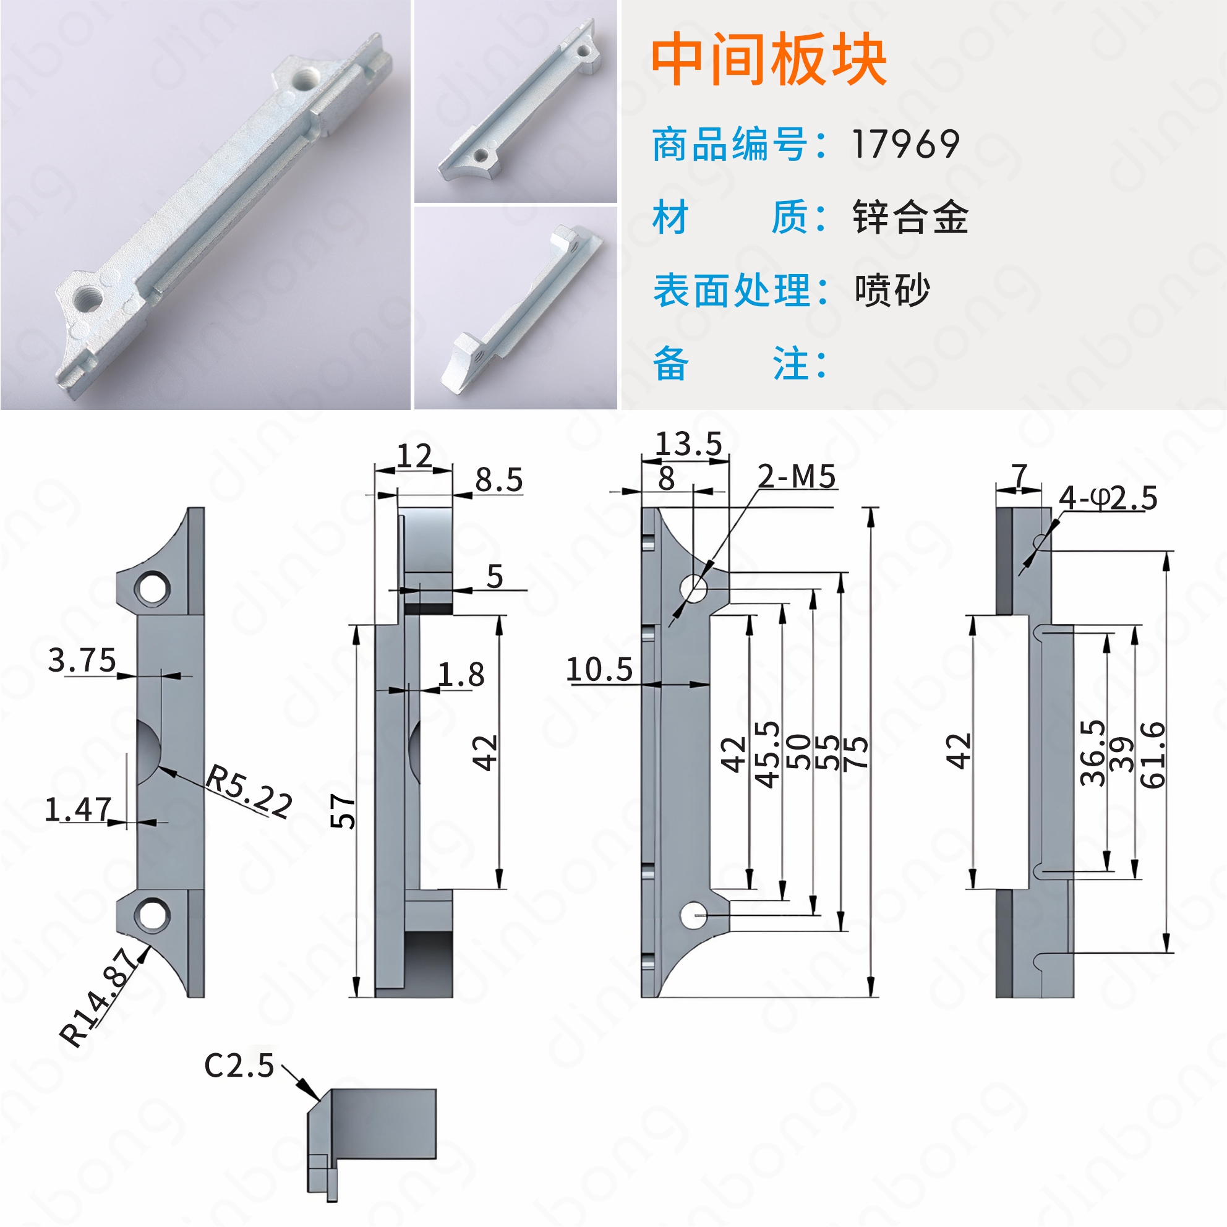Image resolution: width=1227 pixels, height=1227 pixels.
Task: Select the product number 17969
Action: (x=905, y=144)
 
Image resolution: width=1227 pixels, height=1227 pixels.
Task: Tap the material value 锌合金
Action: (x=910, y=217)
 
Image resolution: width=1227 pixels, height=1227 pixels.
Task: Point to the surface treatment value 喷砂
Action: (x=892, y=290)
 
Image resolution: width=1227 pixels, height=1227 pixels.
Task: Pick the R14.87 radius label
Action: (x=98, y=996)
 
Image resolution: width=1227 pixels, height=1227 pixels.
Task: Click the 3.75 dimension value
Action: (x=82, y=661)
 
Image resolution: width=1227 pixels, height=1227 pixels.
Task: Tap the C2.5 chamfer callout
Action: (x=239, y=1066)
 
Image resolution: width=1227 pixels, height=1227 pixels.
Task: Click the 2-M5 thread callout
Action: (x=797, y=476)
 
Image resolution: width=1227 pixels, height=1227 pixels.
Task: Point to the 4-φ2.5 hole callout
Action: (x=1108, y=498)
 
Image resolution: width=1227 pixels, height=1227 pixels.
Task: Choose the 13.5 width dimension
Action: (x=688, y=443)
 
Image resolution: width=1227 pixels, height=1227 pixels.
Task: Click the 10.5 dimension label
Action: (x=599, y=669)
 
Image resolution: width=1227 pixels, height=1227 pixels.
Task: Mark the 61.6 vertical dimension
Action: (x=1153, y=755)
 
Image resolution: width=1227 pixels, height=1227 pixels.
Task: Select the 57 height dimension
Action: (x=343, y=811)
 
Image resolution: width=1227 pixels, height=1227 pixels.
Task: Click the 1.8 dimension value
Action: (x=462, y=675)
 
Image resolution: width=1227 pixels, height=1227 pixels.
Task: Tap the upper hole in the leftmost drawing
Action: (x=152, y=588)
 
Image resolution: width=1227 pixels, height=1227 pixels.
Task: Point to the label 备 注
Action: (x=740, y=364)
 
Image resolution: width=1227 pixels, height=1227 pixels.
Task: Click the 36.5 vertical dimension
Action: (x=1092, y=753)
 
